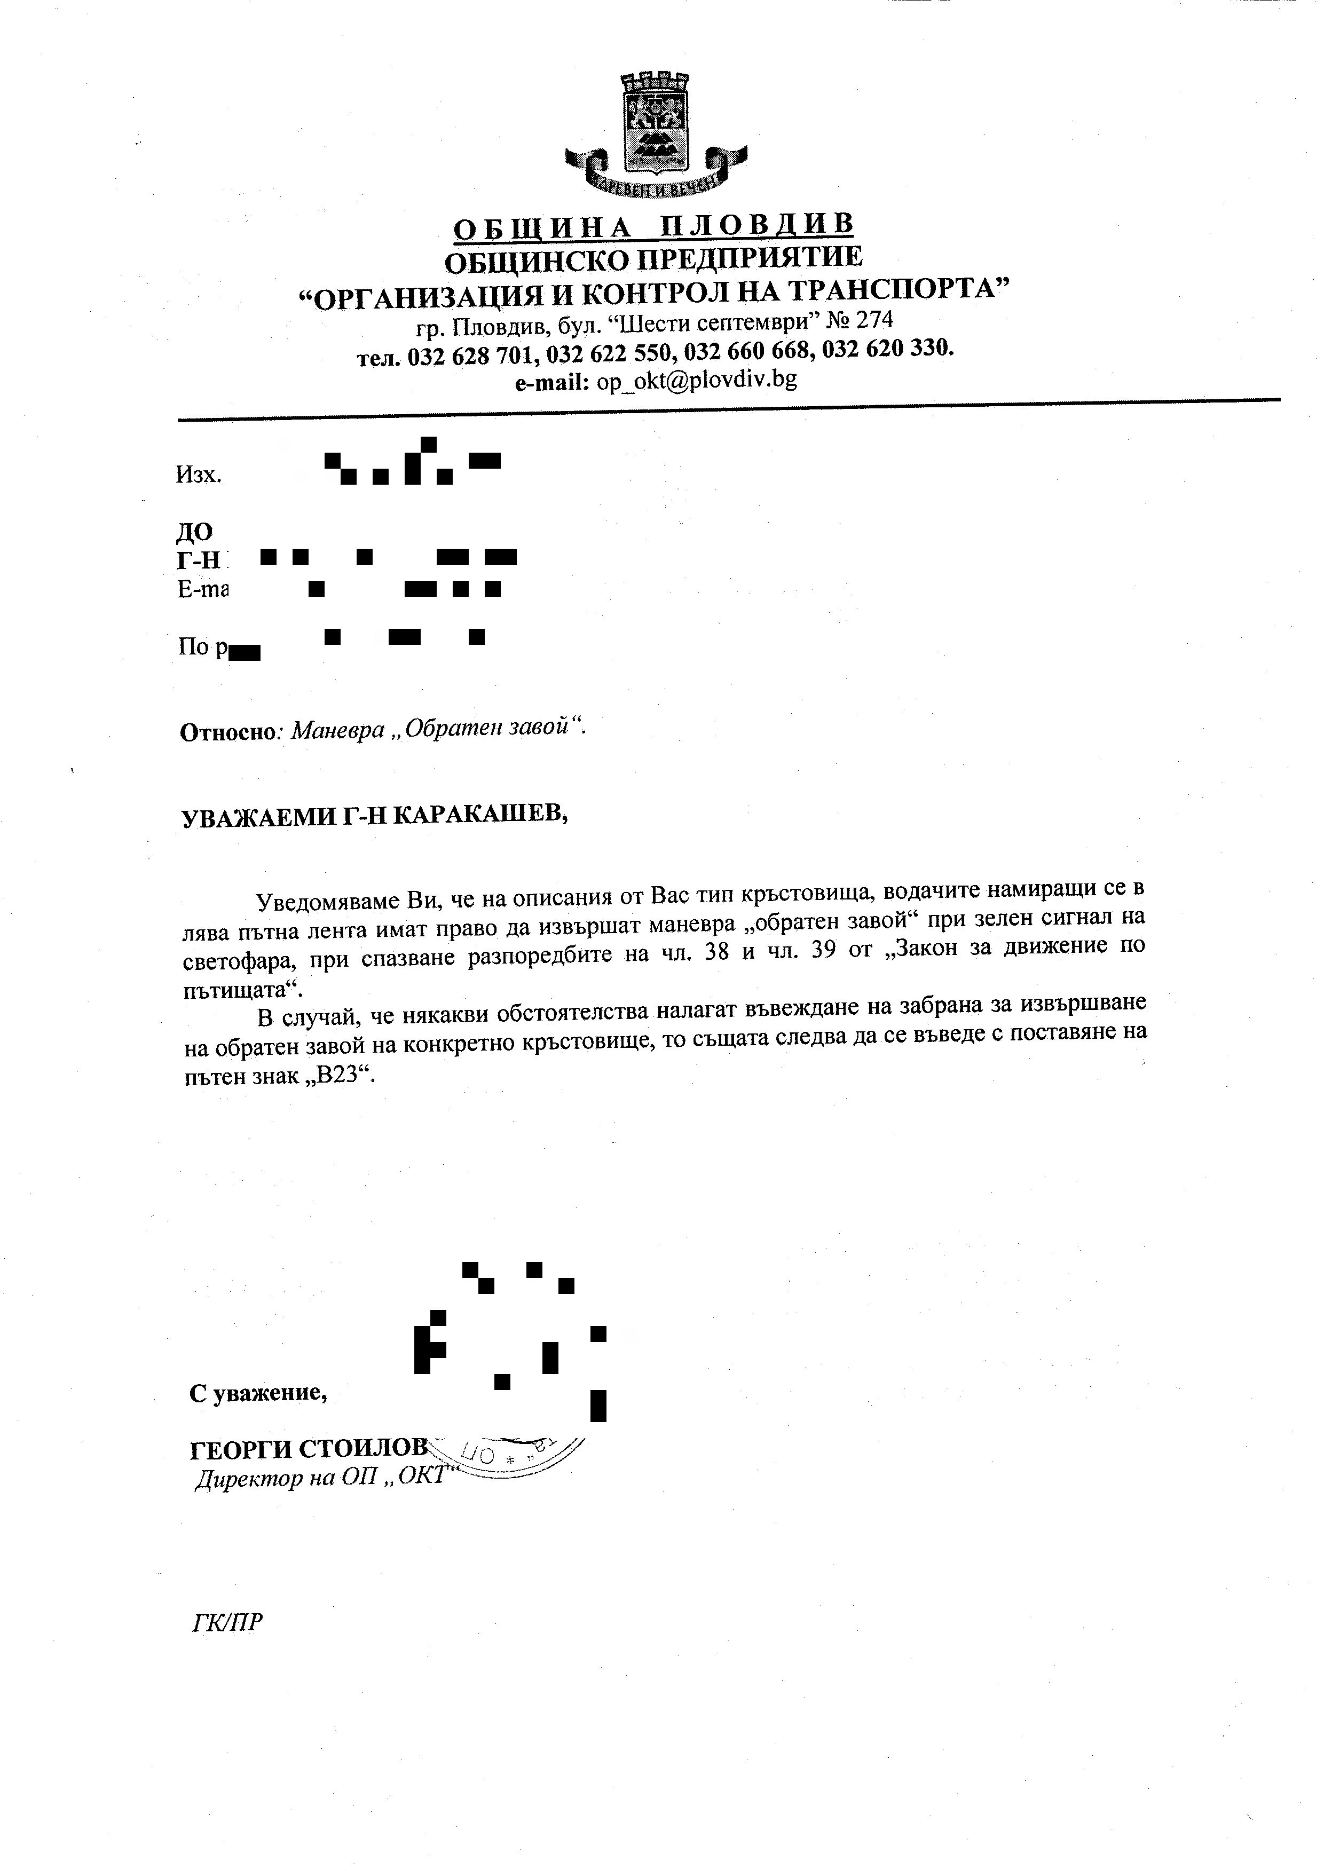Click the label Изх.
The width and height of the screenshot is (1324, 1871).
point(198,475)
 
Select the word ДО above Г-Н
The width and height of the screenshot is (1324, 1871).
point(194,532)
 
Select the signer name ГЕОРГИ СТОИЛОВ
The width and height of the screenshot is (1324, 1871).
point(308,1449)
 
